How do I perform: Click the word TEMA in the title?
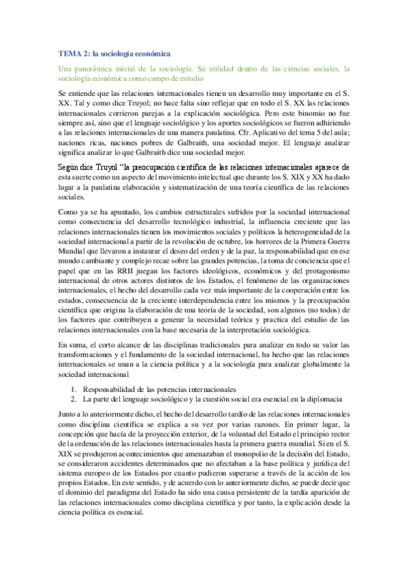point(67,52)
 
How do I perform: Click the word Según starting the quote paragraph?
point(72,167)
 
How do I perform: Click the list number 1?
point(74,388)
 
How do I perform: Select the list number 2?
point(74,399)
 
